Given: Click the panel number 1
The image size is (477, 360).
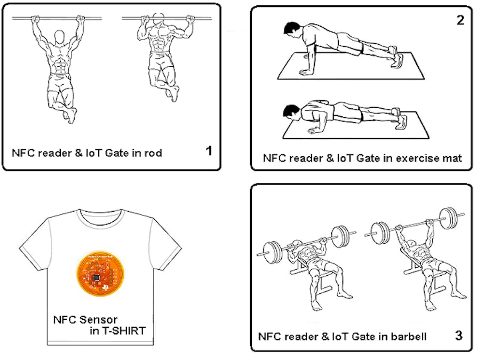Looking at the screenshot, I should click(x=209, y=151).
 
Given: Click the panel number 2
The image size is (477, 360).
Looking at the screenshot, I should click(x=460, y=21).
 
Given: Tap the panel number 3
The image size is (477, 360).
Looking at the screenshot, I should click(x=458, y=335).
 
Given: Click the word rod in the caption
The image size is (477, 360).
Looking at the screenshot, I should click(x=153, y=153).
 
